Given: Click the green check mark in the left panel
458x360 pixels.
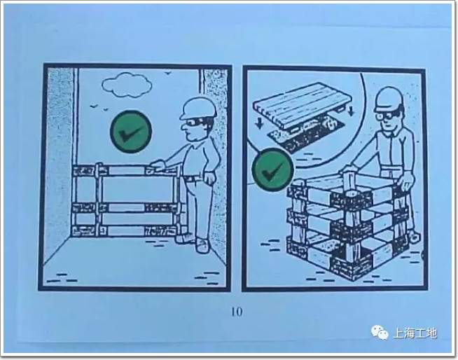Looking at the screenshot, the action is coord(131,132).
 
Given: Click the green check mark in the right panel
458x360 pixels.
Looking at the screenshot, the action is coord(273,169).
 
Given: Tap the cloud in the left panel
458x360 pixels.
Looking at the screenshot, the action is coord(127,85).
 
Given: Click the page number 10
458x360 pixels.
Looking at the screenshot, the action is coord(237,312).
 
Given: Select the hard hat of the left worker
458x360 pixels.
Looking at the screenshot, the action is coord(198,108).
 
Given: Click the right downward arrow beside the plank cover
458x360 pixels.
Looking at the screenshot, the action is coord(352,109).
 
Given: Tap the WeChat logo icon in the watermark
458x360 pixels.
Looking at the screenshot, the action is coord(380,332).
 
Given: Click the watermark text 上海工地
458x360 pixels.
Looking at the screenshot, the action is coord(415,333).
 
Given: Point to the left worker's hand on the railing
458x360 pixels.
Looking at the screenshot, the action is coord(158,166).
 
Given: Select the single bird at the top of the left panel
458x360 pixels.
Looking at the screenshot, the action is coord(168,73).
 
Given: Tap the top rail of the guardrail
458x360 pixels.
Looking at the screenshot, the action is coord(126,170).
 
